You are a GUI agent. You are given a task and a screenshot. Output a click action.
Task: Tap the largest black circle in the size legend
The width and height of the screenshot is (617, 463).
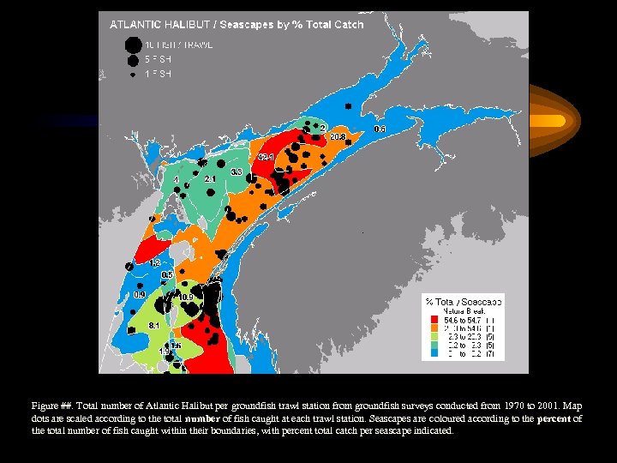(x=132, y=45)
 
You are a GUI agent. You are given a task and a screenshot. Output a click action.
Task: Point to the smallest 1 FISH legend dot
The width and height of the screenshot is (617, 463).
(x=133, y=75)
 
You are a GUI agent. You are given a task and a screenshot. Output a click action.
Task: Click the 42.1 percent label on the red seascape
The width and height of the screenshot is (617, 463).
(x=267, y=158)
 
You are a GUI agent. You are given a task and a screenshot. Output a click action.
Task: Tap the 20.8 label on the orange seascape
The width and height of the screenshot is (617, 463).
(x=338, y=136)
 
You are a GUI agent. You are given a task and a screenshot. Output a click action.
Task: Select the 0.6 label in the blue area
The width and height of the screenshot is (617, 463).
(x=380, y=129)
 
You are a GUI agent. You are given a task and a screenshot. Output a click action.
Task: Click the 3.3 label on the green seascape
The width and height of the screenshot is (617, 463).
(x=237, y=172)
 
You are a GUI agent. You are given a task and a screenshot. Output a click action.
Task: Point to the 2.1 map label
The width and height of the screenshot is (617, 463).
(x=210, y=178)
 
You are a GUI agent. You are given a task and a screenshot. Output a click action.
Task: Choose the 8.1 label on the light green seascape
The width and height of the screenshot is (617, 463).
(x=154, y=326)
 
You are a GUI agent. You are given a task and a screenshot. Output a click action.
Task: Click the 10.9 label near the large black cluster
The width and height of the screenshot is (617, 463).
(x=186, y=297)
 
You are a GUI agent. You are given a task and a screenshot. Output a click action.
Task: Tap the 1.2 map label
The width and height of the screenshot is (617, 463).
(x=155, y=262)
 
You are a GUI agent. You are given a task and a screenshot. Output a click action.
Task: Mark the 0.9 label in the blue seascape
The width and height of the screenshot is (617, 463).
(x=139, y=294)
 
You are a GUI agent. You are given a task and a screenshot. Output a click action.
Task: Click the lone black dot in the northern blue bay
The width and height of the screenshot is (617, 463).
(x=348, y=105)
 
